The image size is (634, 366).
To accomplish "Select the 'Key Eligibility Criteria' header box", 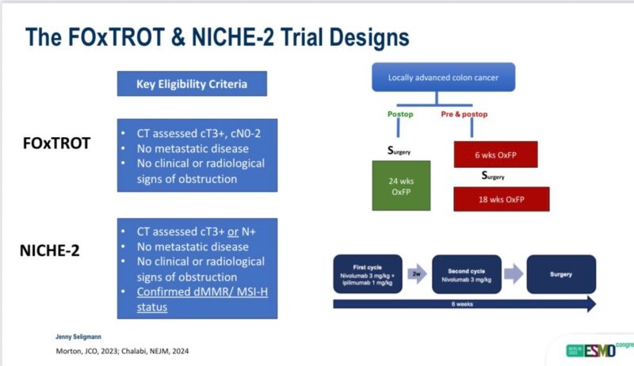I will (x=192, y=84).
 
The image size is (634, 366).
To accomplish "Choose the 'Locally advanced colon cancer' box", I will (x=443, y=78).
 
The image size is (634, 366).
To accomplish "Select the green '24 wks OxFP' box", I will (x=401, y=185).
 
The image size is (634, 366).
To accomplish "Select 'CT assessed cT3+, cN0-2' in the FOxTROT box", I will (x=196, y=133).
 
